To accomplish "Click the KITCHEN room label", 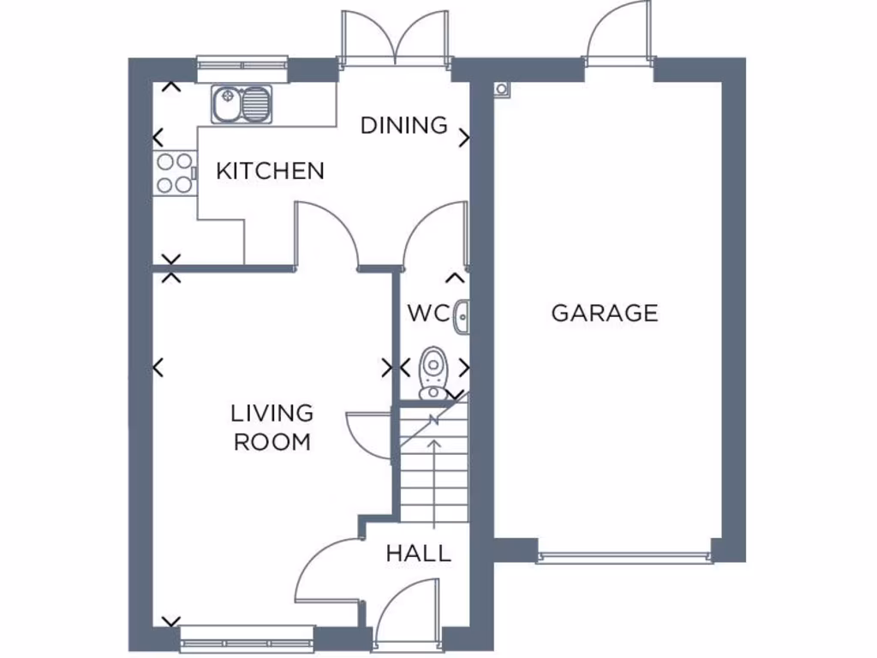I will coord(270,171).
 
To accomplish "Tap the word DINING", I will coord(403,125).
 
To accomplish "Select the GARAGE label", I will coord(605,313).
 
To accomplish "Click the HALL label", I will coord(418,553).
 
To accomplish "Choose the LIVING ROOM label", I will coord(272,428).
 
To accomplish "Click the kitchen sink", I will coord(241,105).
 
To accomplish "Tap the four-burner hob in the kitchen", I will coord(173,172).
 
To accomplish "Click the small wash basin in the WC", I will coord(462,315).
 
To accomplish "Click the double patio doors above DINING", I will coord(395,39).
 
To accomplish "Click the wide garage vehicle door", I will coord(625,558).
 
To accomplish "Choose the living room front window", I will coord(248,637).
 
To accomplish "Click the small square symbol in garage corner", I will coord(502,87).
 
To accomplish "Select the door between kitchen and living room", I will coord(328,236).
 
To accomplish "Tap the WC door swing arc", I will coord(433,231).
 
